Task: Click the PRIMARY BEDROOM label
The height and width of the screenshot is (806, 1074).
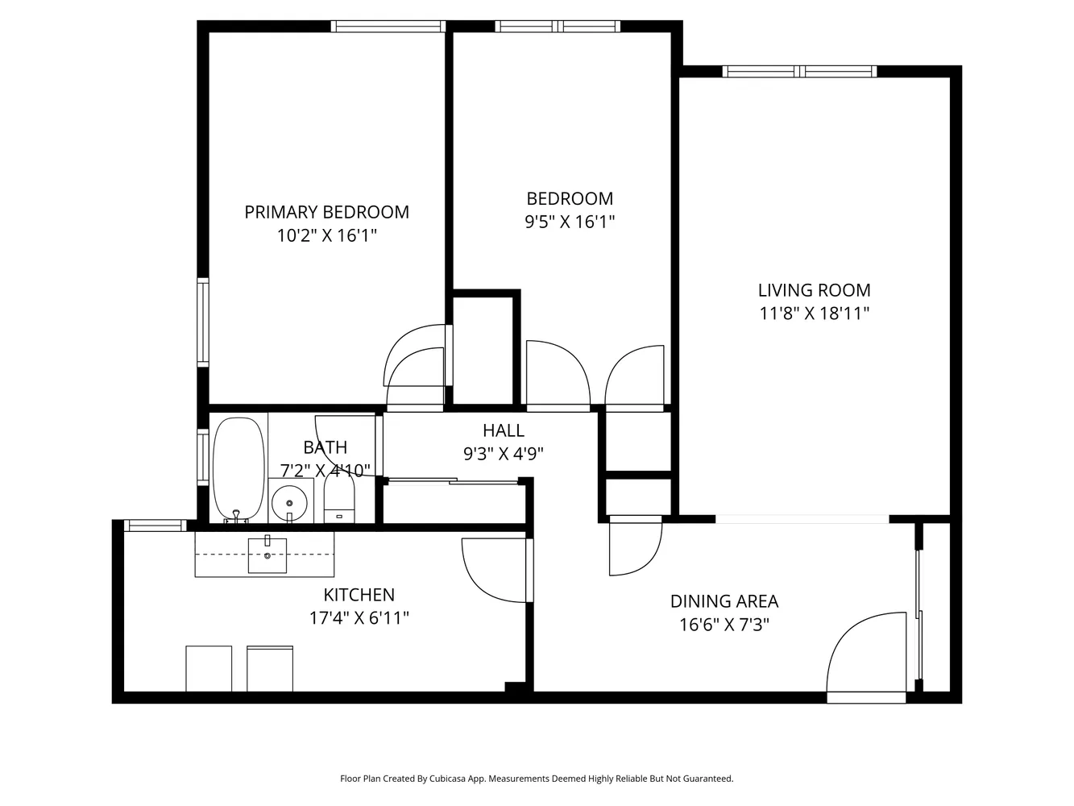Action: tap(326, 212)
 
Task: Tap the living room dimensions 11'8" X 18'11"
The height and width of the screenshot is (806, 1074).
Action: tap(814, 314)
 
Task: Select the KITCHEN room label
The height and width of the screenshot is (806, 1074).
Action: tap(359, 595)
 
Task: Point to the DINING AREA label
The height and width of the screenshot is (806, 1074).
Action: tap(724, 601)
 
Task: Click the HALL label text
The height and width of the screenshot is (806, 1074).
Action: tap(503, 430)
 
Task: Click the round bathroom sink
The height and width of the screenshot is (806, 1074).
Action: tap(290, 504)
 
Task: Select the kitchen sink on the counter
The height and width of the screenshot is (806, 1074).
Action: tap(267, 555)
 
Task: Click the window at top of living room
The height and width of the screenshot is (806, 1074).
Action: tap(800, 72)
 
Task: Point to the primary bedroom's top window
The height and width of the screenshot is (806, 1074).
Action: tap(388, 27)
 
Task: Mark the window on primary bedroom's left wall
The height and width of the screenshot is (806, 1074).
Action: tap(203, 322)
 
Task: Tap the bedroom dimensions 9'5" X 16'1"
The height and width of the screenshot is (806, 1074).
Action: tap(570, 222)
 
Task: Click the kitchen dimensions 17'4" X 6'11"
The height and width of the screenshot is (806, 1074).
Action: tap(359, 618)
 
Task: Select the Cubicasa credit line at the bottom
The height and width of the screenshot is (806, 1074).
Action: tap(537, 779)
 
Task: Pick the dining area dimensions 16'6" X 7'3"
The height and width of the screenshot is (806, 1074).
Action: tap(724, 625)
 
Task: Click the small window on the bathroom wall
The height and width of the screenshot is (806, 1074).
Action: tap(203, 458)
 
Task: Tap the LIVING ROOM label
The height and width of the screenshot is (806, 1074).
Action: tap(814, 290)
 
